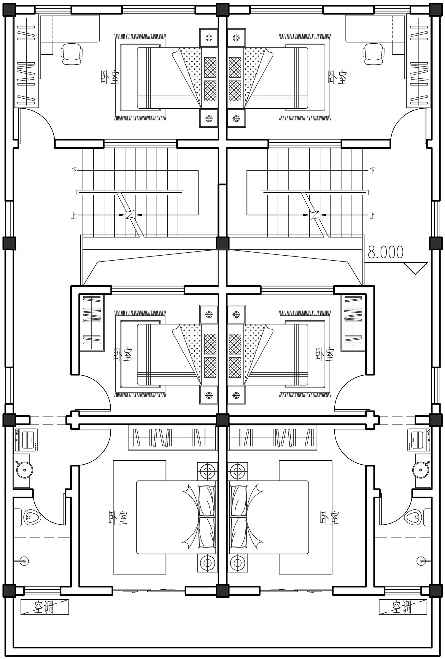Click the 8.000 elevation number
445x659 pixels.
click(385, 252)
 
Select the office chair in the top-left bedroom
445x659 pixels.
click(71, 54)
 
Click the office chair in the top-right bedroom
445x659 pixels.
click(374, 54)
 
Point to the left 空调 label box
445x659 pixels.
click(44, 607)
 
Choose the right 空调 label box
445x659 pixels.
click(403, 607)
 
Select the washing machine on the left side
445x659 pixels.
click(26, 440)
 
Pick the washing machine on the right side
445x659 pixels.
click(419, 440)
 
